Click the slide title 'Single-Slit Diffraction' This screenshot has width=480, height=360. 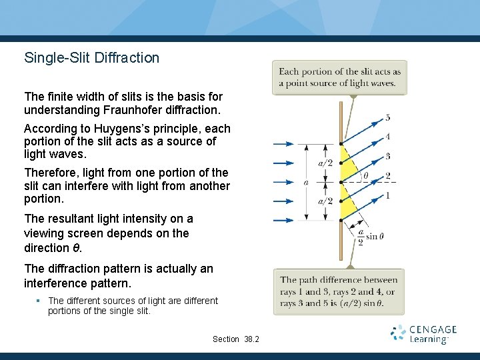coord(92,58)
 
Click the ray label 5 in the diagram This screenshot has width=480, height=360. coord(388,118)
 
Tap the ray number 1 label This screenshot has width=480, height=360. coord(388,195)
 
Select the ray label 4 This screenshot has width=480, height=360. coord(388,137)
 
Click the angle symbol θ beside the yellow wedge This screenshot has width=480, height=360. coord(365,177)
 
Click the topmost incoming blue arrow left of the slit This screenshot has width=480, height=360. coord(283,143)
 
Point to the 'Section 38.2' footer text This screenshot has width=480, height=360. coord(236,339)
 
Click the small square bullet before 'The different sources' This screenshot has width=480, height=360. coord(39,301)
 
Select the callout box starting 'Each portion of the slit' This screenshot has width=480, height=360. coord(339,77)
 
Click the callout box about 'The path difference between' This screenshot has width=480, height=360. coord(339,291)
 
